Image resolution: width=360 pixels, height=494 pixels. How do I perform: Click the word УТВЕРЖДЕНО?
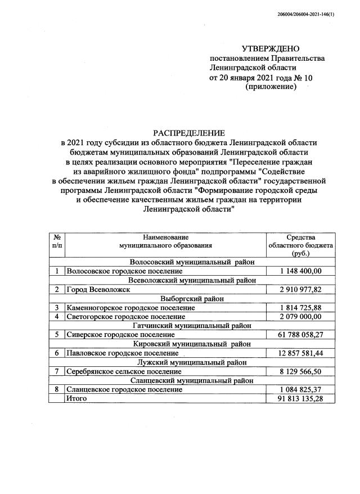(x=271, y=49)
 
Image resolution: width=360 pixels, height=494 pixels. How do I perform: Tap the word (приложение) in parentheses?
(x=271, y=87)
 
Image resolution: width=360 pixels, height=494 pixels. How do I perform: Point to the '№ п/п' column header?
(x=57, y=242)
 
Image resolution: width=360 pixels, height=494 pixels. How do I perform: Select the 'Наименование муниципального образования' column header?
(x=165, y=242)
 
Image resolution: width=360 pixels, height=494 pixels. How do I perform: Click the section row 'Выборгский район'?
(x=192, y=298)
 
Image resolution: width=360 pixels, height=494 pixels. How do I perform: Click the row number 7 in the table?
(x=57, y=371)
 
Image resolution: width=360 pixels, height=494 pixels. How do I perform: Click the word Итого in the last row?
(x=76, y=398)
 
